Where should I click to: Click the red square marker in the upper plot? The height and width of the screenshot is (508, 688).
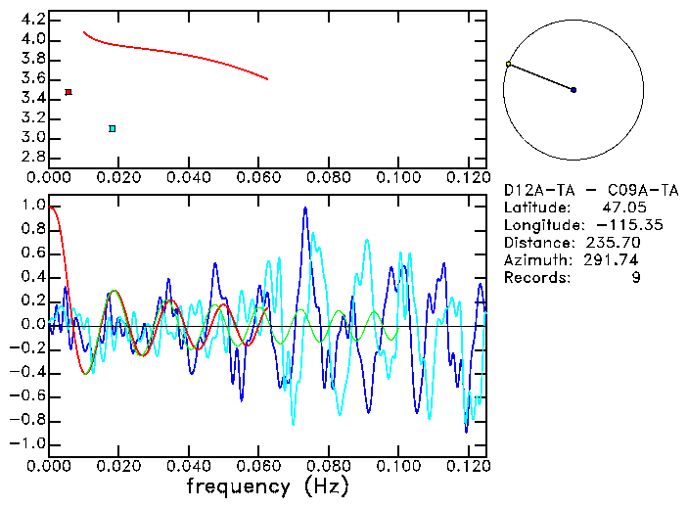point(68,92)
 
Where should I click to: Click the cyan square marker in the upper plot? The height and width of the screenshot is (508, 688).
point(113,128)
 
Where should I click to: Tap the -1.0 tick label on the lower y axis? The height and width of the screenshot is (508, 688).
point(27,443)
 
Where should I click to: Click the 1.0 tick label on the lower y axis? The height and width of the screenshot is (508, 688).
point(32,207)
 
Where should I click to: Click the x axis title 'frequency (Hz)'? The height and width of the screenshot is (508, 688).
point(267,486)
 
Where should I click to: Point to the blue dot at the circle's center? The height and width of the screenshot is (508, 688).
point(573,90)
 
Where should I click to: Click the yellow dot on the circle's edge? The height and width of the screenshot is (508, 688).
point(508,65)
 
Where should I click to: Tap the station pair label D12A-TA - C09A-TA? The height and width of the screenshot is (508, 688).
point(590,189)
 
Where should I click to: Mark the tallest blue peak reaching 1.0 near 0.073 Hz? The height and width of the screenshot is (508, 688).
point(305,208)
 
